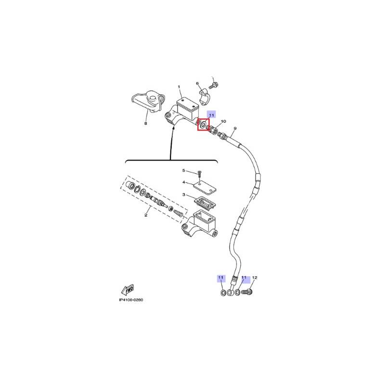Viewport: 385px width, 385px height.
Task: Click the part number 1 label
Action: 179,87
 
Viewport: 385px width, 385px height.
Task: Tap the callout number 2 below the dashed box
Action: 146,215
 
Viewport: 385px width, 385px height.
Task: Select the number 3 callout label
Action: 184,195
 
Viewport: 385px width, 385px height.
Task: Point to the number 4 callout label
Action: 184,182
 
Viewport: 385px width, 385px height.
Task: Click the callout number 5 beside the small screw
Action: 184,170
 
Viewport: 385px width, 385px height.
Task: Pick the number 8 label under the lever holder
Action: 146,123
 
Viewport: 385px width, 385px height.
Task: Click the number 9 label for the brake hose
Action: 235,128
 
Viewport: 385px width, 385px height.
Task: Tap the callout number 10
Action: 223,121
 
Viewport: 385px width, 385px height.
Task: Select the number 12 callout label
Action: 255,278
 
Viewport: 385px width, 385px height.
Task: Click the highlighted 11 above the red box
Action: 211,115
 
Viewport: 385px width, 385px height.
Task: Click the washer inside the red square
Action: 204,125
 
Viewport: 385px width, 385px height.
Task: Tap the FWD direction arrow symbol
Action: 128,290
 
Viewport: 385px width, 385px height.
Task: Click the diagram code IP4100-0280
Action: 131,300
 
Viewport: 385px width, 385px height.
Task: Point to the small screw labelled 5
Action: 200,174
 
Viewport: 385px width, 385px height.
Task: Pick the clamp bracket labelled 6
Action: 205,98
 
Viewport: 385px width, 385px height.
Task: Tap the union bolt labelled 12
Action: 247,292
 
